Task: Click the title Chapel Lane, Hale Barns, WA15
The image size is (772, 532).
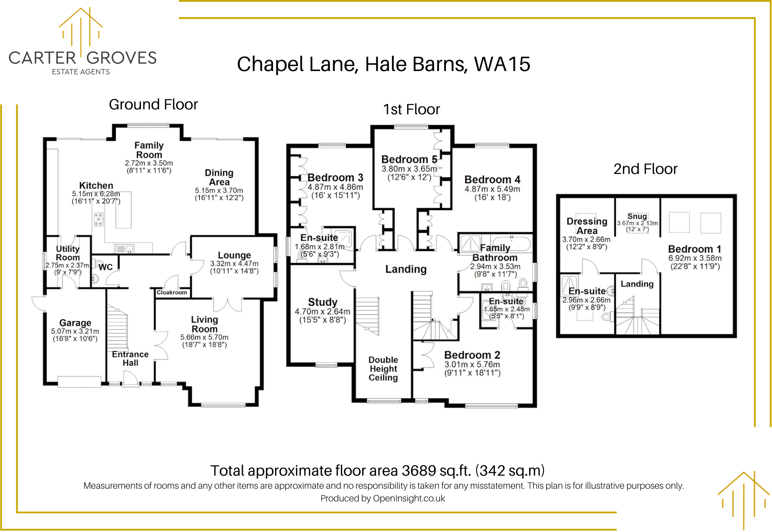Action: pyautogui.click(x=383, y=65)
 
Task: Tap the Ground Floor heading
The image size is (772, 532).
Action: pyautogui.click(x=153, y=105)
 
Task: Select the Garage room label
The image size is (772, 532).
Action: pyautogui.click(x=75, y=323)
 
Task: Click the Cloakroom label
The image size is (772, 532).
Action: pyautogui.click(x=172, y=292)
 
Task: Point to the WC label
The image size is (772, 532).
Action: pyautogui.click(x=105, y=267)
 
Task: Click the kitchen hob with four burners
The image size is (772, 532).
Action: pyautogui.click(x=98, y=219)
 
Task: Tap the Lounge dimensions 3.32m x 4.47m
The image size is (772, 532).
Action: pyautogui.click(x=234, y=264)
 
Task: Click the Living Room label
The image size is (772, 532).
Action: pyautogui.click(x=204, y=324)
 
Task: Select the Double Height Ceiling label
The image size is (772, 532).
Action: pyautogui.click(x=383, y=369)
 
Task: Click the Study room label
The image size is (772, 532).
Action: pyautogui.click(x=322, y=302)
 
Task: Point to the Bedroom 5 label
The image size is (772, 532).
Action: pyautogui.click(x=409, y=159)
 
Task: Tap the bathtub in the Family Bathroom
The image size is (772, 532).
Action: pyautogui.click(x=511, y=244)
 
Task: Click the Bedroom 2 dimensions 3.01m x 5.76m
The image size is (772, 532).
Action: pyautogui.click(x=472, y=364)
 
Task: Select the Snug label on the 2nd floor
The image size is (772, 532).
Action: pyautogui.click(x=637, y=216)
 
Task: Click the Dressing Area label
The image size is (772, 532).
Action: pyautogui.click(x=587, y=226)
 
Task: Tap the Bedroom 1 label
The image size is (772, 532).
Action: pyautogui.click(x=694, y=249)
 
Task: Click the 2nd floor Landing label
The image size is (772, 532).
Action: pyautogui.click(x=637, y=284)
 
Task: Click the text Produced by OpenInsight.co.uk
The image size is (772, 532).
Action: pyautogui.click(x=383, y=499)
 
